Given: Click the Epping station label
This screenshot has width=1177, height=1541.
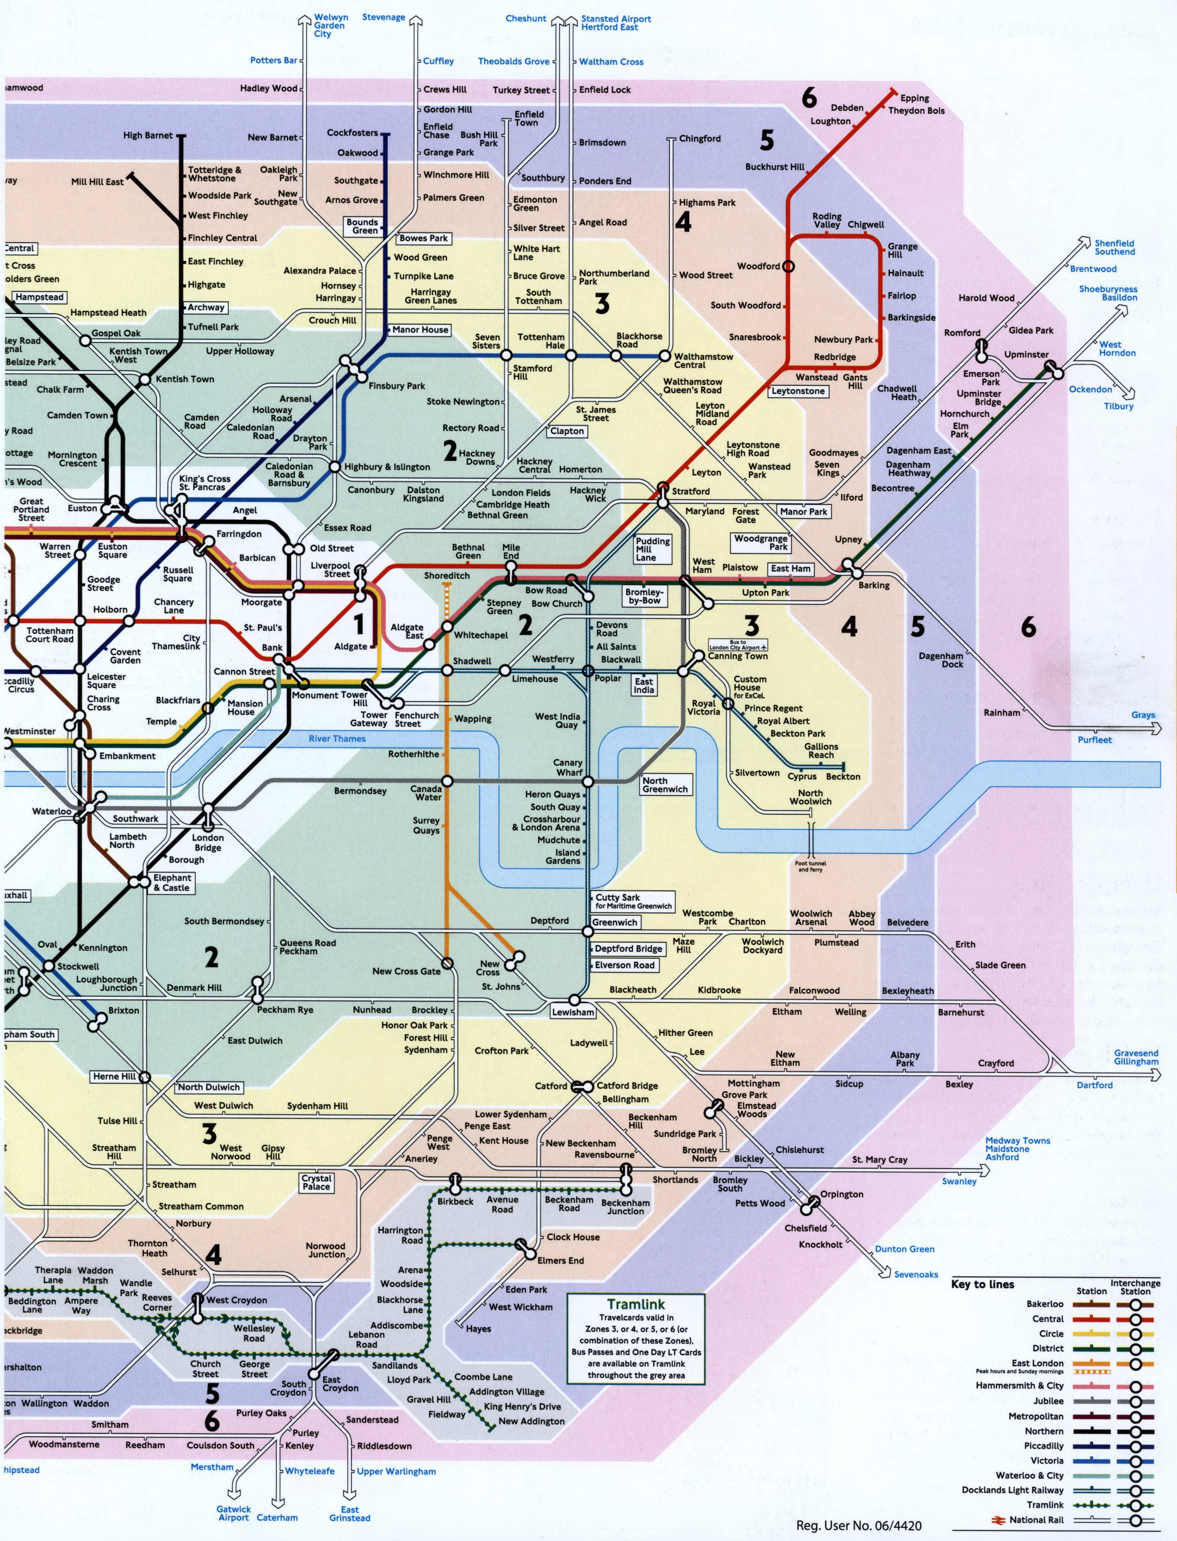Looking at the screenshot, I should point(914,98).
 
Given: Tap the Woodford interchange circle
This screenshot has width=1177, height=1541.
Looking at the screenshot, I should point(788,266).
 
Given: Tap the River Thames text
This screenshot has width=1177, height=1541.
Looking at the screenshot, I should point(337,738).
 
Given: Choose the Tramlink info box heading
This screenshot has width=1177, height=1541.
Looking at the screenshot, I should point(636,1304).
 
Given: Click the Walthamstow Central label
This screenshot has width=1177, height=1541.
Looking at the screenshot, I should point(703,361).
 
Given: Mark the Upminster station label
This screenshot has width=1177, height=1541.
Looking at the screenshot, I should point(1026,354).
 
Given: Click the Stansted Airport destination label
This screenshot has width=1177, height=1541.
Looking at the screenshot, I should point(615,23).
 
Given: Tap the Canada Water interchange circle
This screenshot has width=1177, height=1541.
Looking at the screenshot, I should point(447,781).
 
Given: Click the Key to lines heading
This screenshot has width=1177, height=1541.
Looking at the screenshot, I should point(982,1284).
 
